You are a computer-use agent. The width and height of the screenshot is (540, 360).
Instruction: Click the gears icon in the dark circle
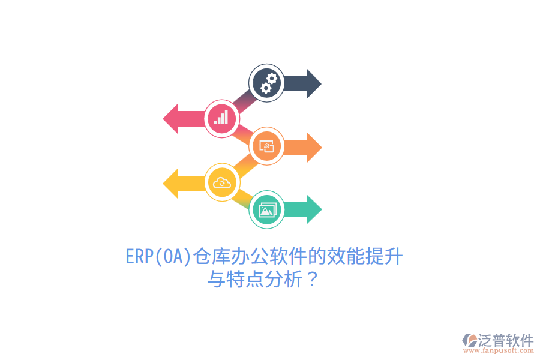pyautogui.click(x=268, y=83)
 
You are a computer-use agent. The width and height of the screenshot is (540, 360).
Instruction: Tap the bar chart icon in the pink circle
pyautogui.click(x=221, y=117)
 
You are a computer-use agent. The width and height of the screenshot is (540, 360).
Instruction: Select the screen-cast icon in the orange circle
pyautogui.click(x=266, y=146)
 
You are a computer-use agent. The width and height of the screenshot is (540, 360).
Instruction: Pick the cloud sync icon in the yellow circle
pyautogui.click(x=222, y=182)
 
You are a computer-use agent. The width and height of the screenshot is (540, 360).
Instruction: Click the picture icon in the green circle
pyautogui.click(x=267, y=210)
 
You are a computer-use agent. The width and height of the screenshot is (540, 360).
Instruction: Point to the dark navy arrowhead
pyautogui.click(x=314, y=84)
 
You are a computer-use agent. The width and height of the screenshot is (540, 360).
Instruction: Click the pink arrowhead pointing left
pyautogui.click(x=170, y=119)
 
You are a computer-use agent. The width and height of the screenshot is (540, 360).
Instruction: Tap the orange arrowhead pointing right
pyautogui.click(x=314, y=148)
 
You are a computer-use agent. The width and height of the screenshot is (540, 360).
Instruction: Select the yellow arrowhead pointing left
pyautogui.click(x=170, y=184)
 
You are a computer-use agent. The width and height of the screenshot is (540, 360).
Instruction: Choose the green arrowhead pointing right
pyautogui.click(x=314, y=209)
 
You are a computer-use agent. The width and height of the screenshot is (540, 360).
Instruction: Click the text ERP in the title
pyautogui.click(x=139, y=256)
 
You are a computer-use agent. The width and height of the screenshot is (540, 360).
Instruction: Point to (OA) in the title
pyautogui.click(x=173, y=257)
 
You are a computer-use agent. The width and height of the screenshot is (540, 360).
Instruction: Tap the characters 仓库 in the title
pyautogui.click(x=211, y=256)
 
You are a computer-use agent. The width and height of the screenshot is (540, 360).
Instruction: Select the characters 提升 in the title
pyautogui.click(x=384, y=256)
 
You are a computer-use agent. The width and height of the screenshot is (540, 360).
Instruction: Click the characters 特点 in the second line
pyautogui.click(x=245, y=279)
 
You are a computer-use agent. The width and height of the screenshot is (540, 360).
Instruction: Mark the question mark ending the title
pyautogui.click(x=312, y=279)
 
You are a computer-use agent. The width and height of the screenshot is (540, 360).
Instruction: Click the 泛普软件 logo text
pyautogui.click(x=506, y=340)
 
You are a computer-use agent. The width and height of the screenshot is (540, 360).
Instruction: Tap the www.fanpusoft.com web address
pyautogui.click(x=499, y=350)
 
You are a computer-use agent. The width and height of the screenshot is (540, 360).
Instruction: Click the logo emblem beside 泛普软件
pyautogui.click(x=470, y=340)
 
